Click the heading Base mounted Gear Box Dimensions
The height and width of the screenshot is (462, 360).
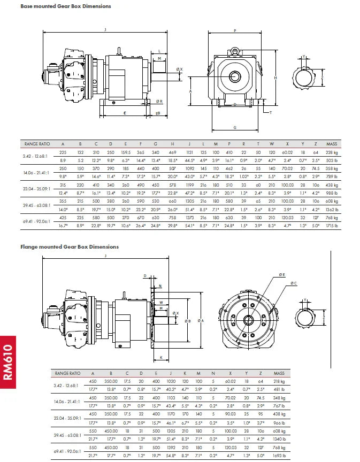pos(66,6)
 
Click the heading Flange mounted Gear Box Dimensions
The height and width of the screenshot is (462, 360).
pos(70,247)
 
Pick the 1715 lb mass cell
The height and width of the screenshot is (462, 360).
pos(333,226)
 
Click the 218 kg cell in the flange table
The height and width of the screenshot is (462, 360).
pos(279,381)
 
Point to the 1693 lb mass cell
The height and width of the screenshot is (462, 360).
pos(279,455)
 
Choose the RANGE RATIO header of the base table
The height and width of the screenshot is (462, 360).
pos(36,144)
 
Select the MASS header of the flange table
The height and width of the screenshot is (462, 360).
pos(279,373)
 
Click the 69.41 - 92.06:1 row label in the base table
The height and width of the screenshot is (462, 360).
pos(36,222)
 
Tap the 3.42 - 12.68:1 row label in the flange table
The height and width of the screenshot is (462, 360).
pos(66,385)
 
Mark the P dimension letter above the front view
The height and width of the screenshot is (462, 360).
pos(235,30)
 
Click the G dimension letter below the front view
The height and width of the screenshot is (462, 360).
pos(235,127)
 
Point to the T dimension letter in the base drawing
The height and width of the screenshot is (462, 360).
pos(270,112)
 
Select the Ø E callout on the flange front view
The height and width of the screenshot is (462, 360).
pos(282,274)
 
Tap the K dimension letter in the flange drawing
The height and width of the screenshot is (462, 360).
pos(161,357)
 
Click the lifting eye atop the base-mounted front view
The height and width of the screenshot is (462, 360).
pos(234,51)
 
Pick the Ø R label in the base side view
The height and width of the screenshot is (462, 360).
pos(159,101)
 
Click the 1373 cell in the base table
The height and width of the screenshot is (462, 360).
pos(189,218)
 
